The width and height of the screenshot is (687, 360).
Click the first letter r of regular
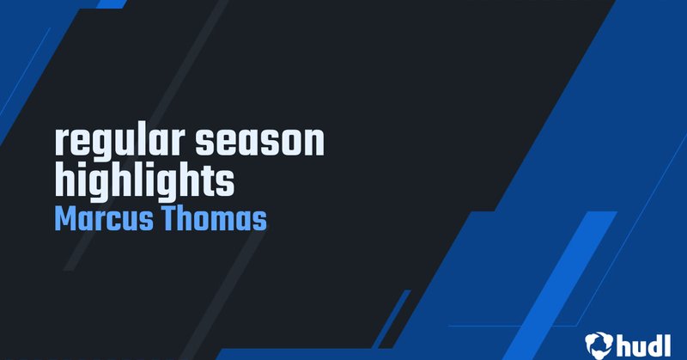pyautogui.click(x=60, y=144)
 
